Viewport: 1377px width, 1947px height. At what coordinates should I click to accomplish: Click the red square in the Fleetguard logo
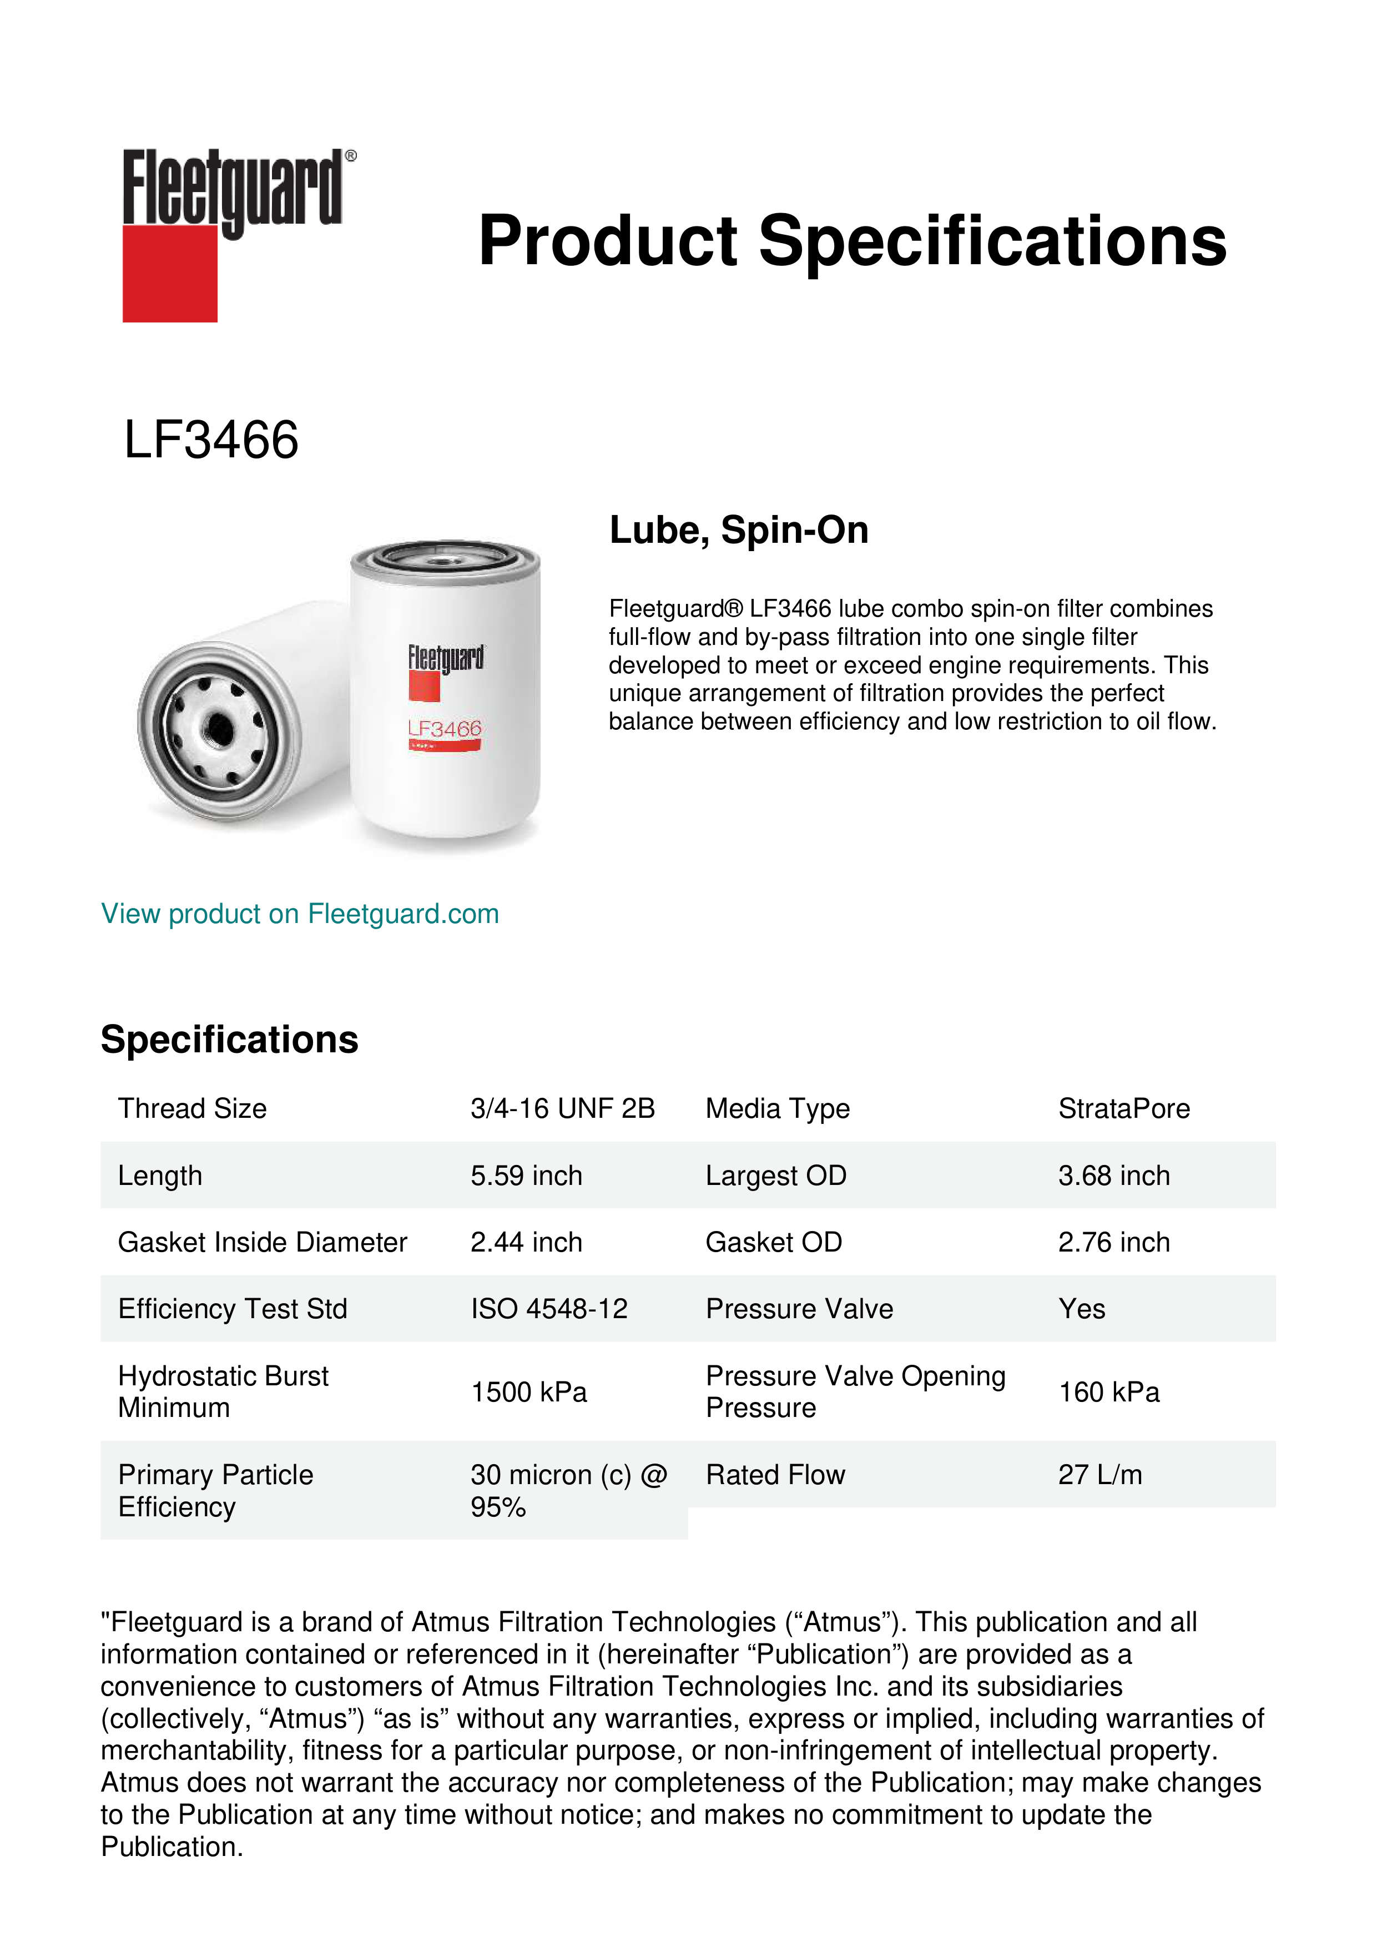[x=170, y=273]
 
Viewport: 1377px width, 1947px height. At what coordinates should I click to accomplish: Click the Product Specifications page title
[x=852, y=241]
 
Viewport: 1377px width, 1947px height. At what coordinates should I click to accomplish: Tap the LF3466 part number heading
[x=211, y=440]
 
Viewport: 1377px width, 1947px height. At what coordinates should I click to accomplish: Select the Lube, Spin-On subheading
[x=739, y=530]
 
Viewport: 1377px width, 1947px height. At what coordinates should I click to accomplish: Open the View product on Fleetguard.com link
[x=300, y=914]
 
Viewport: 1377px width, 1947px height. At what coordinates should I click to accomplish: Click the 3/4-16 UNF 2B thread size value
[x=562, y=1108]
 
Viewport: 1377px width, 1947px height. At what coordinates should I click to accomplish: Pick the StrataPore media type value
[x=1123, y=1108]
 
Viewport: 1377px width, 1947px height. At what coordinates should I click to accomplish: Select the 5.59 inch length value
[x=526, y=1176]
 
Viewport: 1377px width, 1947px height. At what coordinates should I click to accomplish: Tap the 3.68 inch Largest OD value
[x=1113, y=1176]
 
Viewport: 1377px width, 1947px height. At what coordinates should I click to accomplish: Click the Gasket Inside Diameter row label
[x=262, y=1242]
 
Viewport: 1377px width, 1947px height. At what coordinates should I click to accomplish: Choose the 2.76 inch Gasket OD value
[x=1113, y=1242]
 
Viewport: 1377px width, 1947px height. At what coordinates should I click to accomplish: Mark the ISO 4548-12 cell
[x=548, y=1309]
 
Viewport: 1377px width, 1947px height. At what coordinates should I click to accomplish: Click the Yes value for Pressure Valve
[x=1081, y=1309]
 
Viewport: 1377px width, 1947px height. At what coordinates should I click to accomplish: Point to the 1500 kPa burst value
[x=528, y=1391]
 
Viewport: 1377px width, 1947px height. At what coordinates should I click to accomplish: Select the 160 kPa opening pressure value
[x=1108, y=1391]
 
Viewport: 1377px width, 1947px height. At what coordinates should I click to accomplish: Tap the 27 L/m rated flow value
[x=1099, y=1475]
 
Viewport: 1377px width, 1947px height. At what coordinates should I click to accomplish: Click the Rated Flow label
[x=775, y=1475]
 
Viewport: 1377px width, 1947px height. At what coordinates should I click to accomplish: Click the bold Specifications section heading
[x=229, y=1040]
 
